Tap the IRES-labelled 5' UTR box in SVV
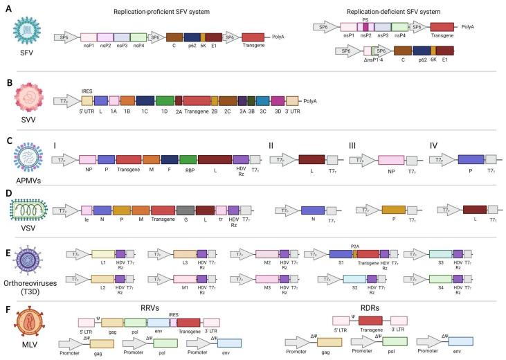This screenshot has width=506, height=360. click(x=87, y=100)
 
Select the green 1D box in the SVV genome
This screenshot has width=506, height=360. click(x=165, y=100)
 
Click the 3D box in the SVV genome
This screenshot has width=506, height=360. click(x=278, y=100)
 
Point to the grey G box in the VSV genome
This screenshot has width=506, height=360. click(x=185, y=190)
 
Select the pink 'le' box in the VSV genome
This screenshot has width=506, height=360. click(x=87, y=190)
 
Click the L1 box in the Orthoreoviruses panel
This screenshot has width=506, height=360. click(x=104, y=255)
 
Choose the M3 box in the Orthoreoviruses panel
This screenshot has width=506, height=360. click(x=267, y=280)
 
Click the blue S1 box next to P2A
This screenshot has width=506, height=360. click(x=341, y=255)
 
